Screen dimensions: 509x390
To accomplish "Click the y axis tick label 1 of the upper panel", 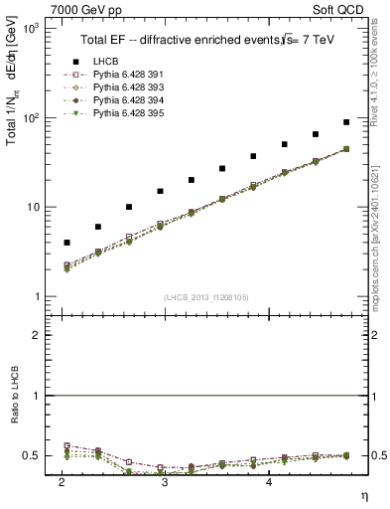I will [x=36, y=296].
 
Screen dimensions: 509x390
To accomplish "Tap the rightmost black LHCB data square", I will [x=345, y=122].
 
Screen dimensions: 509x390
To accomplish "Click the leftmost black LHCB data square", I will [x=66, y=243].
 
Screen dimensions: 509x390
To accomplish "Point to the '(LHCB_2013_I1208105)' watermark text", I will [x=205, y=297].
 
